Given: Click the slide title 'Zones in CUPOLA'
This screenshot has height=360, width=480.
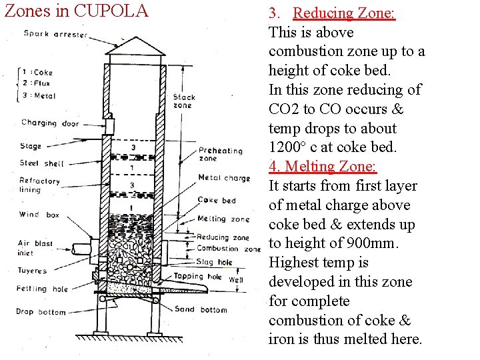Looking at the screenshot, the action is (76, 11).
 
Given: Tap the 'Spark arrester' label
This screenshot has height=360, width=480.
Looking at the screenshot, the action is (55, 34).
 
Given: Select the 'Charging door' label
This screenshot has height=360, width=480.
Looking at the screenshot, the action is (50, 123).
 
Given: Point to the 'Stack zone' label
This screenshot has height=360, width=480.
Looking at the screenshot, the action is (183, 101).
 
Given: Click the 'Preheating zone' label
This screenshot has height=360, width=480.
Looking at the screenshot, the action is (221, 155).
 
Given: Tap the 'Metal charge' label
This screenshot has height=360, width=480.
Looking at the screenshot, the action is (224, 178).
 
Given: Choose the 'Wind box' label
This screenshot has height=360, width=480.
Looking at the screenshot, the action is (39, 215).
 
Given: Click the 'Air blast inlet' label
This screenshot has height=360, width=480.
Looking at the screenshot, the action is (35, 247).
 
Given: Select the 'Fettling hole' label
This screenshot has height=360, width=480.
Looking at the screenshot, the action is (41, 289).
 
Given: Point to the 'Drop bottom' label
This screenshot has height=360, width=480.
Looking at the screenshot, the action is (42, 311).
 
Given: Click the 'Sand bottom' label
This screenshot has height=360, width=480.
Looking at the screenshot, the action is (201, 309).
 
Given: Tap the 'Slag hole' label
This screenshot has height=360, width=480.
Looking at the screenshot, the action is (215, 262).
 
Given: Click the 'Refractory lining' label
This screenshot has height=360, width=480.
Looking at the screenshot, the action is (39, 185).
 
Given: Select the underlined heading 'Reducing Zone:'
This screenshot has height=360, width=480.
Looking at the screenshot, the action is (344, 13).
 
